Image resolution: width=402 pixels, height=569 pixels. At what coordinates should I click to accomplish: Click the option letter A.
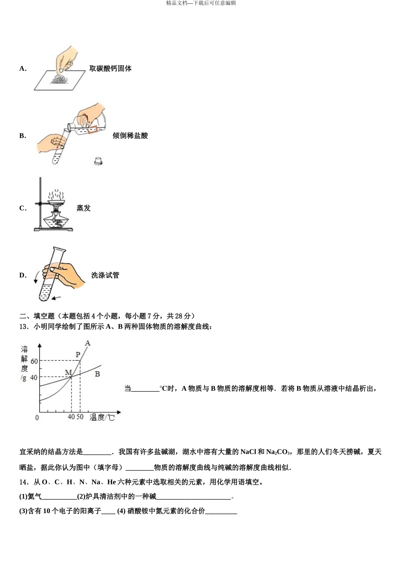pyautogui.click(x=22, y=69)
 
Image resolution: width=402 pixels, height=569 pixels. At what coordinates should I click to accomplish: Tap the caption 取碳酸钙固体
pyautogui.click(x=110, y=69)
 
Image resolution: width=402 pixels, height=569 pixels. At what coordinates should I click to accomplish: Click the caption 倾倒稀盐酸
pyautogui.click(x=130, y=136)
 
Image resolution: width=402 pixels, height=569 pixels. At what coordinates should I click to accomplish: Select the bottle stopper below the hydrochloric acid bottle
pyautogui.click(x=99, y=161)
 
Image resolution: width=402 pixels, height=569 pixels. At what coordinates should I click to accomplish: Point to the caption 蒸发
pyautogui.click(x=83, y=208)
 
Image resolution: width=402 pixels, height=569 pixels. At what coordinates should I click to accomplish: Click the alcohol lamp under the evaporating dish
pyautogui.click(x=55, y=220)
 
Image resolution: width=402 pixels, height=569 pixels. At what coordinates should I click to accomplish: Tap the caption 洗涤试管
pyautogui.click(x=105, y=276)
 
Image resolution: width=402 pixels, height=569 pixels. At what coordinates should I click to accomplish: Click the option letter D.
pyautogui.click(x=22, y=276)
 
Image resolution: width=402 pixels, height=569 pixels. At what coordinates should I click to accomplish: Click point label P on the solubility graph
pyautogui.click(x=77, y=355)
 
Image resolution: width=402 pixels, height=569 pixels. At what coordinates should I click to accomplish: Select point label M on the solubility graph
pyautogui.click(x=68, y=373)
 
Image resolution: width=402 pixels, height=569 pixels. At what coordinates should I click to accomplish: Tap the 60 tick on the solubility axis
pyautogui.click(x=34, y=361)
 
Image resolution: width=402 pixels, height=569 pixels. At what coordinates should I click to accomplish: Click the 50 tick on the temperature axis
pyautogui.click(x=80, y=417)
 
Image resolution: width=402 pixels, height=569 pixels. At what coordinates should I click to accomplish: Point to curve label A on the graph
pyautogui.click(x=88, y=343)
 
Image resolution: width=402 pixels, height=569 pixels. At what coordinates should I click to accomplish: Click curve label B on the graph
pyautogui.click(x=97, y=374)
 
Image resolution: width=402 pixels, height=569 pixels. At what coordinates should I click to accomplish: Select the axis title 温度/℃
pyautogui.click(x=102, y=417)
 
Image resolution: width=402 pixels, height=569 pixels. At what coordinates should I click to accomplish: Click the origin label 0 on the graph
pyautogui.click(x=37, y=418)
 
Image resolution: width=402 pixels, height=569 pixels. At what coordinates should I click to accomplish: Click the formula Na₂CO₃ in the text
pyautogui.click(x=278, y=452)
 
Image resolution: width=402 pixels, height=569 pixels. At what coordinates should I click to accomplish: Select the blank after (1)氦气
pyautogui.click(x=59, y=497)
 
